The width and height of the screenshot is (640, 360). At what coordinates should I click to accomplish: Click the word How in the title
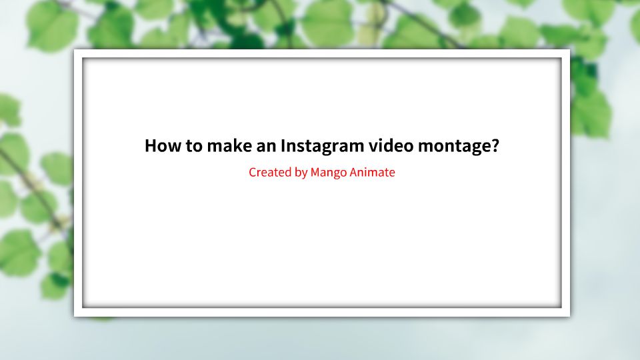[x=162, y=145]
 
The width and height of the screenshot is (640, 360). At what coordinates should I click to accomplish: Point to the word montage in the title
[x=453, y=146]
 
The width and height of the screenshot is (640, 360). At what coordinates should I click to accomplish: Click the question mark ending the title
[x=494, y=145]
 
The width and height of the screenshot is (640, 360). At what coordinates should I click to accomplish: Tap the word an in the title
[x=265, y=146]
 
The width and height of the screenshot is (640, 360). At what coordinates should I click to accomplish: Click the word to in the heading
[x=193, y=145]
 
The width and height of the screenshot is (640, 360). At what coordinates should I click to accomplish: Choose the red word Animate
[x=373, y=172]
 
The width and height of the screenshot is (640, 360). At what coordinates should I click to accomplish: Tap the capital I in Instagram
[x=283, y=145]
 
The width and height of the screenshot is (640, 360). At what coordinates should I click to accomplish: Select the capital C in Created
[x=253, y=172]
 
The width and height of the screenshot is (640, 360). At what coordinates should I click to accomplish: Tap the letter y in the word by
[x=304, y=173]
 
